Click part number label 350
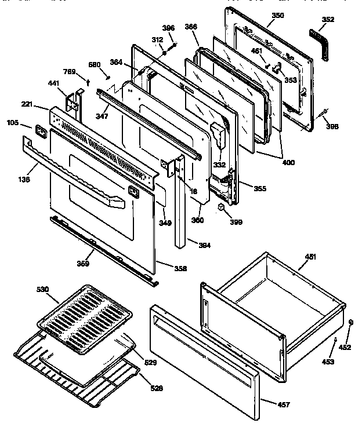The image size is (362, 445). click(278, 15)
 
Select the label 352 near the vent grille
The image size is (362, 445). click(328, 19)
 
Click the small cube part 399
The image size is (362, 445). click(223, 207)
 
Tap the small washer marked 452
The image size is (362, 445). click(350, 331)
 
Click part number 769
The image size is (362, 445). click(70, 71)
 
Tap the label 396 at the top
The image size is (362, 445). click(168, 28)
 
